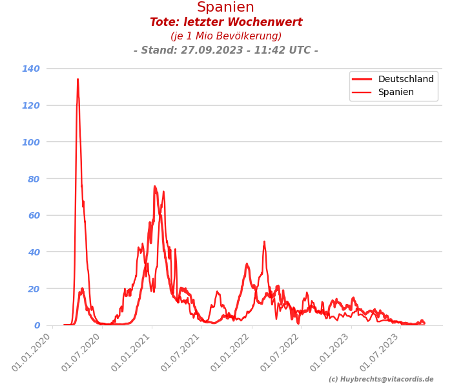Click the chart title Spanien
pyautogui.click(x=226, y=7)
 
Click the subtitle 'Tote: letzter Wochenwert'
pyautogui.click(x=226, y=23)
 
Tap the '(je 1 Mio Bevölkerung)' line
pyautogui.click(x=226, y=36)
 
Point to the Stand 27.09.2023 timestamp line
pyautogui.click(x=226, y=50)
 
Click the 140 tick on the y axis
pyautogui.click(x=31, y=69)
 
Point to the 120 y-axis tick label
pyautogui.click(x=31, y=105)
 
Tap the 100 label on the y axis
pyautogui.click(x=31, y=142)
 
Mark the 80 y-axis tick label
pyautogui.click(x=33, y=178)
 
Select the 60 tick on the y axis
pyautogui.click(x=33, y=215)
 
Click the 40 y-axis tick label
pyautogui.click(x=33, y=252)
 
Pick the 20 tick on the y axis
pyautogui.click(x=33, y=288)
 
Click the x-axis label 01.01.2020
pyautogui.click(x=32, y=353)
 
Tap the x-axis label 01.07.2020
pyautogui.click(x=81, y=353)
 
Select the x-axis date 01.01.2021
pyautogui.click(x=132, y=353)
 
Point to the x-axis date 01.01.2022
pyautogui.click(x=231, y=353)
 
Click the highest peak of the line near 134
pyautogui.click(x=77, y=80)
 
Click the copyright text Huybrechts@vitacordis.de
pyautogui.click(x=381, y=380)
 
